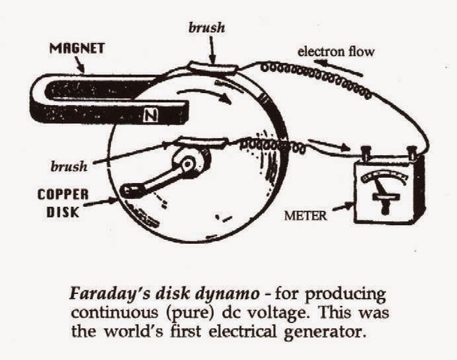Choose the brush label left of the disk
[x=69, y=163]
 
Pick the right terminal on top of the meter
[x=411, y=154]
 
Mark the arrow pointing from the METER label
[x=342, y=211]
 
